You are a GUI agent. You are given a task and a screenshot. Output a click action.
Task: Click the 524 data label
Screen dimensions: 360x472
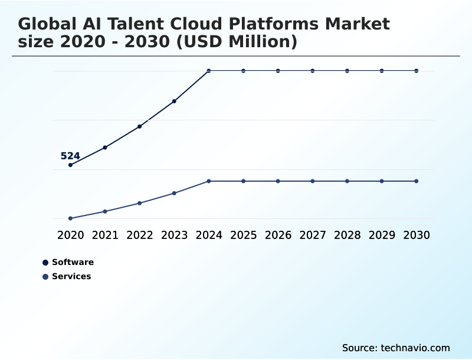coord(70,156)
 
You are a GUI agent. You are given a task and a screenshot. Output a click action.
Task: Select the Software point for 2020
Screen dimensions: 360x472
coord(70,165)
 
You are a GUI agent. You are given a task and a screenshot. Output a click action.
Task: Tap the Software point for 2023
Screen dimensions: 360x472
coord(175,101)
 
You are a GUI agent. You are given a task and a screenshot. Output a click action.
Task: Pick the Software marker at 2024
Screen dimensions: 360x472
coord(209,71)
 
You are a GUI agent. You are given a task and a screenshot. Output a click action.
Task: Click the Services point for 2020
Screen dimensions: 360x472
coord(70,218)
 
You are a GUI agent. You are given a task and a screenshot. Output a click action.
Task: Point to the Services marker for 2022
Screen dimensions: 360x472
coord(140,203)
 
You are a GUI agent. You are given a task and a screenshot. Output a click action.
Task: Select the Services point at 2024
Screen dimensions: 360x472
coord(209,181)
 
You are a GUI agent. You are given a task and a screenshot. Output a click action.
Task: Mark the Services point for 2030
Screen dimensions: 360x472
coord(417,181)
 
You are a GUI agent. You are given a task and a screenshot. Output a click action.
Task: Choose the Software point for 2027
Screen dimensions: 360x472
coord(313,71)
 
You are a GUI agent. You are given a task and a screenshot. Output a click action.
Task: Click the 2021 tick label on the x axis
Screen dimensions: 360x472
coord(105,235)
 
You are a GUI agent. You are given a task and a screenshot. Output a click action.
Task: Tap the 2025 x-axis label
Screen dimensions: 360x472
coord(243,235)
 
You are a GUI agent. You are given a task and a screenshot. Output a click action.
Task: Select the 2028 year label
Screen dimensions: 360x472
coord(347,235)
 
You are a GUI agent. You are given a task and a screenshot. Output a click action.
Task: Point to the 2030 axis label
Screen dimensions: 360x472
coord(417,235)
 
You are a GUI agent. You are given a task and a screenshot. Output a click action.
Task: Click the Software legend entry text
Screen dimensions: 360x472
coord(73,262)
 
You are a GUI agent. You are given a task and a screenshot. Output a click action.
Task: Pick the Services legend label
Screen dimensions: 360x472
coord(71,276)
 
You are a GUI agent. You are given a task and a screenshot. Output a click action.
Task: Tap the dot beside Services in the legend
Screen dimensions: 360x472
coord(45,276)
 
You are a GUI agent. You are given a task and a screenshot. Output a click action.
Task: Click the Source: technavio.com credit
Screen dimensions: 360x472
coord(396,348)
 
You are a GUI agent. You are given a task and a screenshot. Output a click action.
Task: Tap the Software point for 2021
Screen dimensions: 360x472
coord(105,147)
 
